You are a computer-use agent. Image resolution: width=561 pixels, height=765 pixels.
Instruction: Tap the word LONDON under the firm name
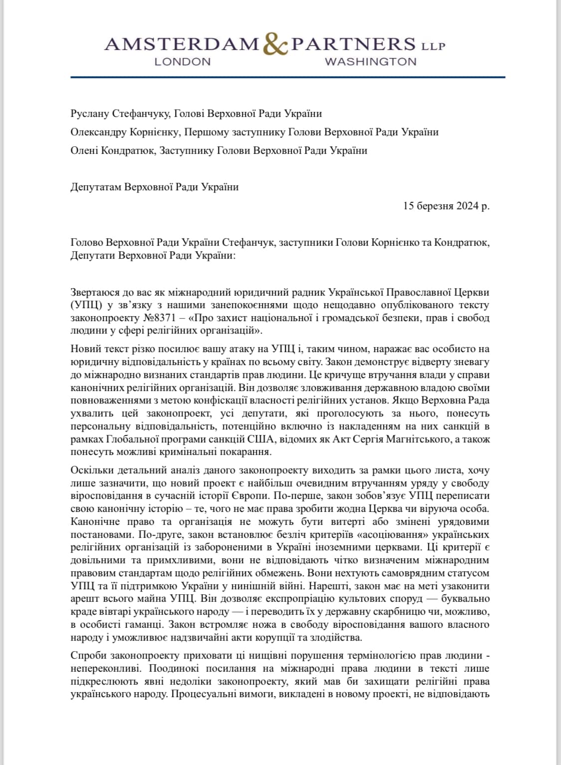click(x=183, y=61)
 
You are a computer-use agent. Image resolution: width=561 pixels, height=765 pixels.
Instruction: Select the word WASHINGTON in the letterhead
click(x=371, y=61)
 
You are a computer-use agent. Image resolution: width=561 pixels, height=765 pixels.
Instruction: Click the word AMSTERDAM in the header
click(x=182, y=44)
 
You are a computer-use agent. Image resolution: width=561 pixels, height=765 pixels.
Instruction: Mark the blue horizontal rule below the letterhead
click(x=288, y=77)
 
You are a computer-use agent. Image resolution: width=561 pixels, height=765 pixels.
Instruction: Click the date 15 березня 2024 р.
click(x=446, y=206)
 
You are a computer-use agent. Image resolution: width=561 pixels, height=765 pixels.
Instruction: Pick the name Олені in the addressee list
click(x=83, y=150)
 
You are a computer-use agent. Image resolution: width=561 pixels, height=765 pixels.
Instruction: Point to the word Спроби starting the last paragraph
click(x=86, y=655)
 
